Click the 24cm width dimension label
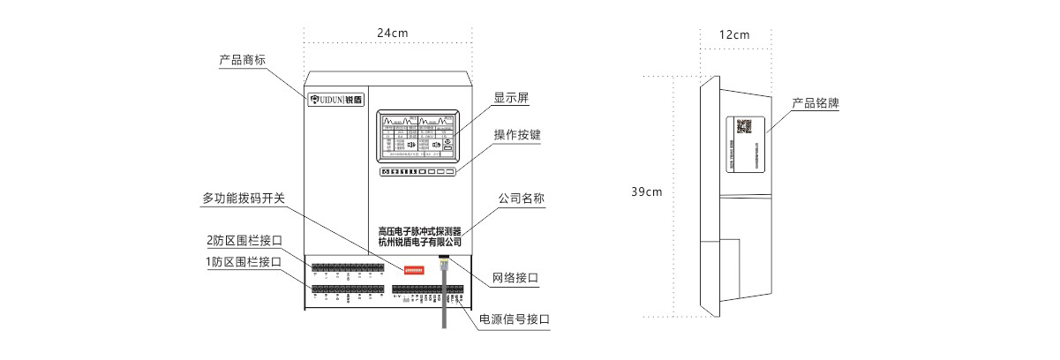(x=393, y=34)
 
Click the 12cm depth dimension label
(x=734, y=35)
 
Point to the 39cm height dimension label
(x=647, y=191)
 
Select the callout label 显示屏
(x=511, y=98)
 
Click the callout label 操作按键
(x=517, y=136)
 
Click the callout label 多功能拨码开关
(x=244, y=199)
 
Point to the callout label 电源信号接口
(x=515, y=319)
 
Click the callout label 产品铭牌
(x=815, y=103)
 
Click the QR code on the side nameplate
(x=744, y=125)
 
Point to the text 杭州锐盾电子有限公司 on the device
(x=419, y=242)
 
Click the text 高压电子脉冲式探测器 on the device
(x=419, y=230)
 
